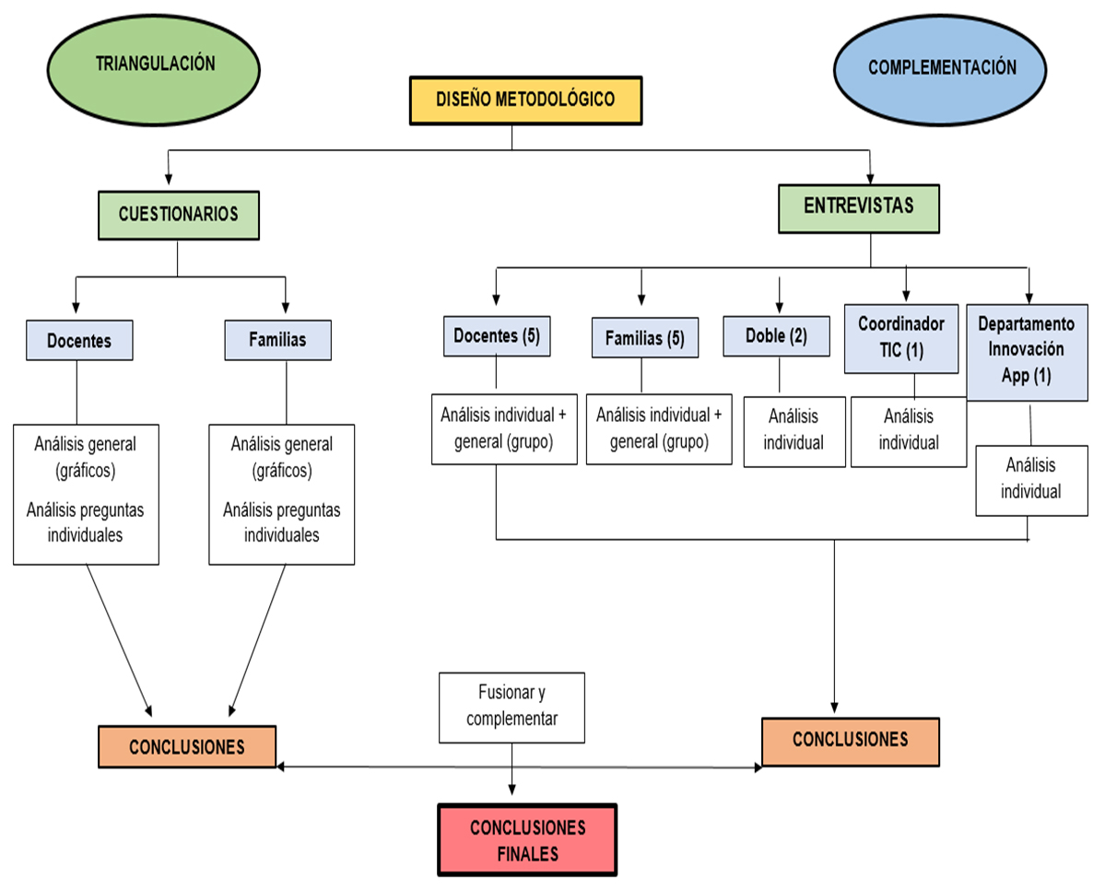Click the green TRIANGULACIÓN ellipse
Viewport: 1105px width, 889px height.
(x=155, y=64)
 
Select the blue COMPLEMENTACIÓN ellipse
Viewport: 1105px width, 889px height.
(x=941, y=68)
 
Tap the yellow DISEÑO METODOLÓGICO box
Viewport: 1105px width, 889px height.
(x=524, y=100)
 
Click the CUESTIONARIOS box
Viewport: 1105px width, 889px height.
(x=178, y=214)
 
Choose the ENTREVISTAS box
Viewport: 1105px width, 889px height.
(x=858, y=207)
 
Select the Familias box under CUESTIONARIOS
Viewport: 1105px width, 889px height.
(x=277, y=340)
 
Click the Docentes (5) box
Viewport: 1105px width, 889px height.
(x=497, y=336)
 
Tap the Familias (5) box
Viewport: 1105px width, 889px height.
(x=644, y=338)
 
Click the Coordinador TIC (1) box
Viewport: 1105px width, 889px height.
(x=901, y=340)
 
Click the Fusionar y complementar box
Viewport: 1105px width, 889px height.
(x=511, y=707)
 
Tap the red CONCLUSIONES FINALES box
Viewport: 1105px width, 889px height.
(x=527, y=839)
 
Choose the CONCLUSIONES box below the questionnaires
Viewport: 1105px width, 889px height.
(x=187, y=746)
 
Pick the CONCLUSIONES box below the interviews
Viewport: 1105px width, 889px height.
(x=850, y=741)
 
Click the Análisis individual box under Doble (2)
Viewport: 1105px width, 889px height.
(x=793, y=432)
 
